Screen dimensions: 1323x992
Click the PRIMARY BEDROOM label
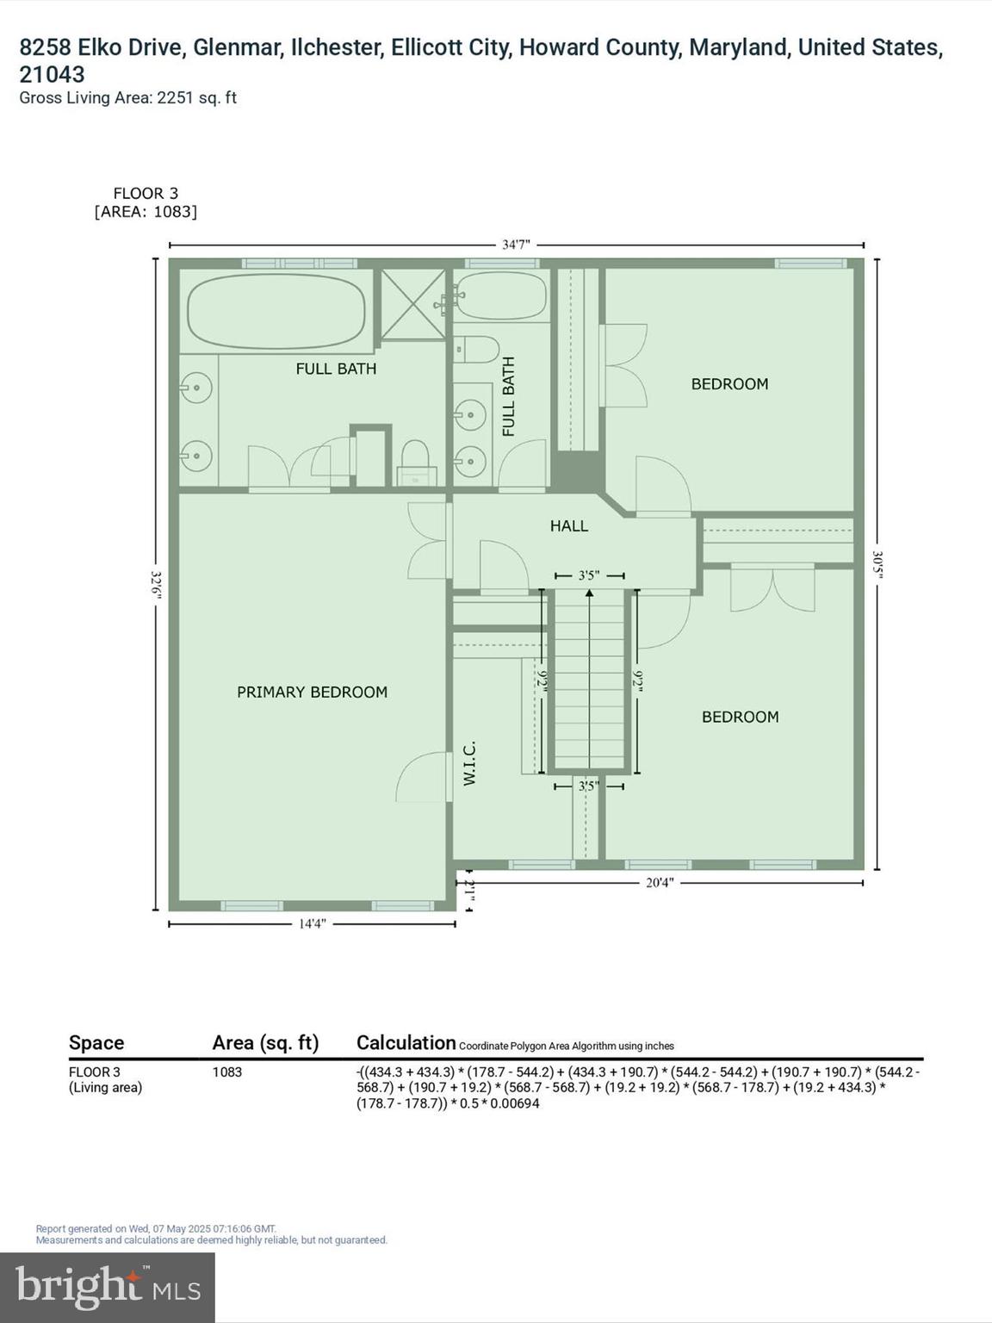coord(312,692)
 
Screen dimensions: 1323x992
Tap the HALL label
coord(569,525)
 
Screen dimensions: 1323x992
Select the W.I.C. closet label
coord(470,763)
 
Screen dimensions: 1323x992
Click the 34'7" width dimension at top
coord(516,245)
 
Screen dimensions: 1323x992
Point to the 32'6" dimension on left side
coord(156,583)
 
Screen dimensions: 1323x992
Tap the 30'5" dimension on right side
coord(877,564)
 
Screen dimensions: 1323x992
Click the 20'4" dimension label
coord(660,883)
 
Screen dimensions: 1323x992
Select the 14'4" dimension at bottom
coord(312,924)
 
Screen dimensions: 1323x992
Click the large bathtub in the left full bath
coord(276,311)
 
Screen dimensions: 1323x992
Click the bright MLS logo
coord(108,1287)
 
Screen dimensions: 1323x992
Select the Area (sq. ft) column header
coord(265,1043)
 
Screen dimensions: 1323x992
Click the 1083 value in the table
coord(227,1072)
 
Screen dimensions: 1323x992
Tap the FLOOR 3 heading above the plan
coord(146,194)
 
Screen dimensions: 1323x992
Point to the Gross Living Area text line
coord(127,98)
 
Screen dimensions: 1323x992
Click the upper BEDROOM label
coord(729,384)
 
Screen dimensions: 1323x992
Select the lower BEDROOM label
coord(740,717)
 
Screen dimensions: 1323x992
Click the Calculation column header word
coord(406,1043)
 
